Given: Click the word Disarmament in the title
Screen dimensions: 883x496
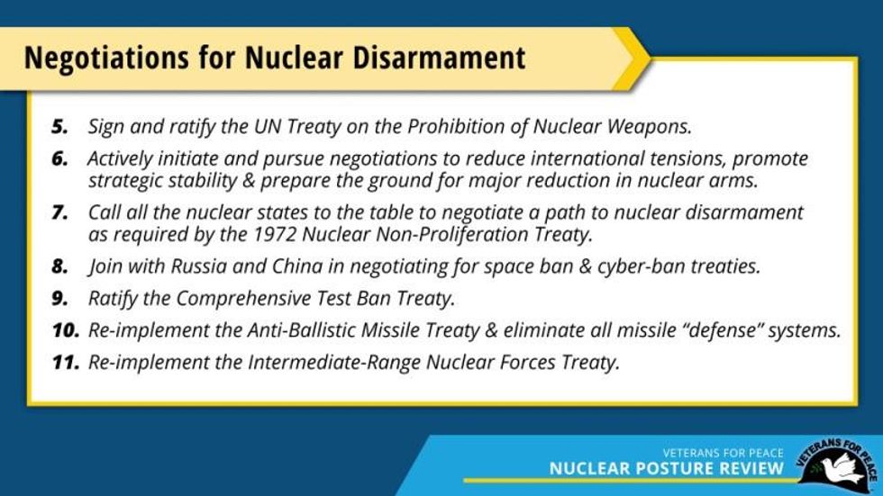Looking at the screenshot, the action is pos(439,58).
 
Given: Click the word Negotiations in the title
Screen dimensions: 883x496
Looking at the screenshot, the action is pos(106,59).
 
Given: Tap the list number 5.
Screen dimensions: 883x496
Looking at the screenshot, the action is pos(59,127).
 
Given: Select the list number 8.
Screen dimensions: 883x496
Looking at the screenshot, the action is pos(59,266).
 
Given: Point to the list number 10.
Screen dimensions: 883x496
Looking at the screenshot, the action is pos(66,330).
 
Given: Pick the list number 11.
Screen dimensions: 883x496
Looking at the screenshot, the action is pos(66,362).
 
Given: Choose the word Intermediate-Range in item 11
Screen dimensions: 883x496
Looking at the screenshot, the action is pos(334,362).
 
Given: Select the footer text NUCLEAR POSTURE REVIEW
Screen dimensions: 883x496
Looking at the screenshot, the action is pos(666,468).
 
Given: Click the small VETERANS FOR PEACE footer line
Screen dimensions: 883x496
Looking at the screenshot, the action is pos(723,453).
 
